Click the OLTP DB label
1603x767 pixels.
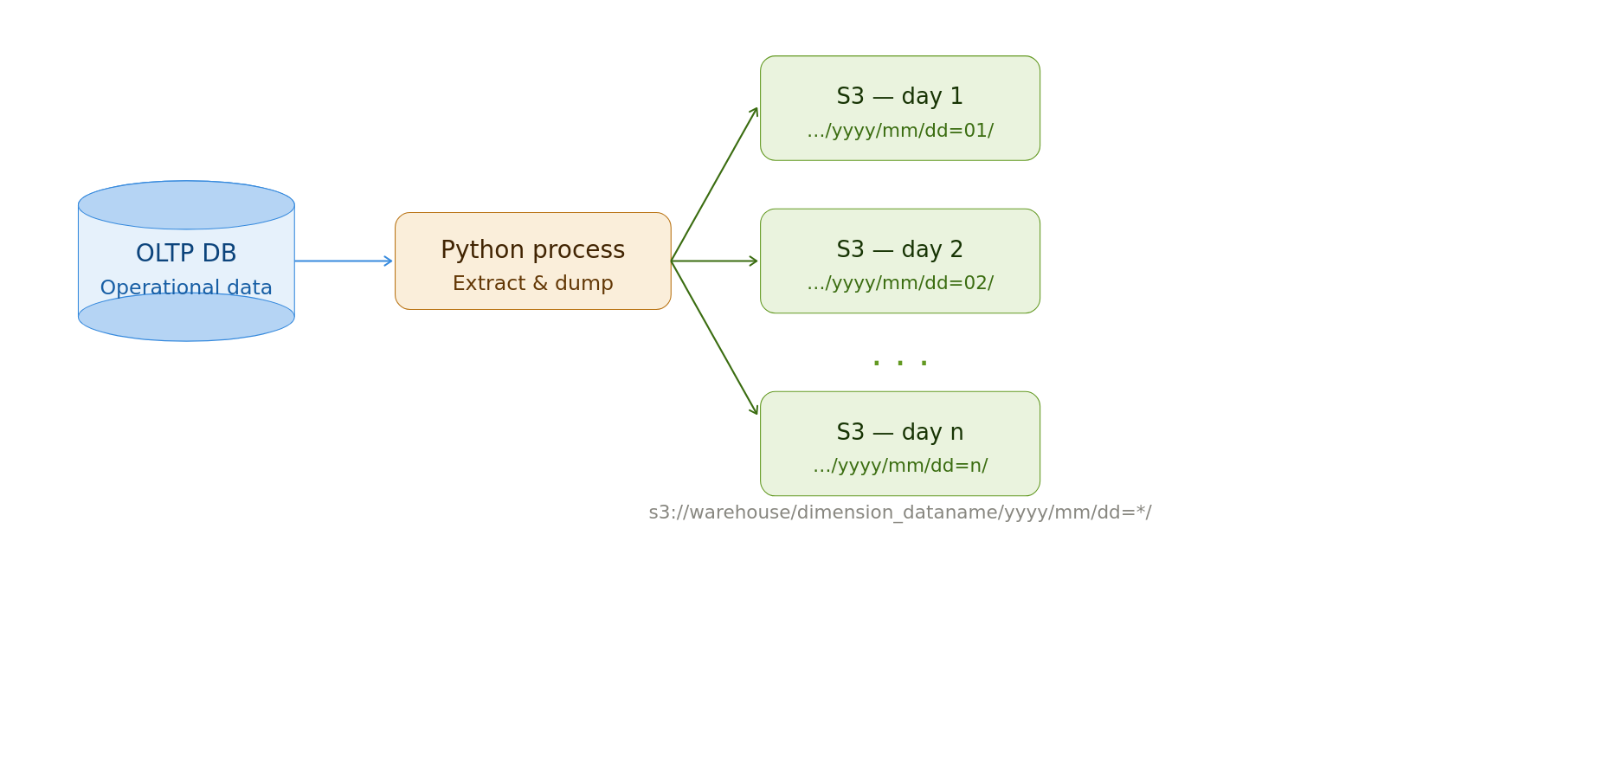(186, 254)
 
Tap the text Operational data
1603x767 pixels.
(186, 287)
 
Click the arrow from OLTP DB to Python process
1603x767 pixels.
(344, 261)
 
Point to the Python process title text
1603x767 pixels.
(532, 250)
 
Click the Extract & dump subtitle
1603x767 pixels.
(532, 284)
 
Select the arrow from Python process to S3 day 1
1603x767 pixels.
(714, 184)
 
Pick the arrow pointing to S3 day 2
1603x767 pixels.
(715, 261)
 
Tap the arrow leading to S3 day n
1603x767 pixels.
(714, 338)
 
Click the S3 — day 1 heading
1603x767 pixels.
(899, 97)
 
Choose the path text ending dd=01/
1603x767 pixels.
(899, 131)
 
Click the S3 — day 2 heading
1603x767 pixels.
(899, 250)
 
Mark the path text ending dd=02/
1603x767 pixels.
(899, 283)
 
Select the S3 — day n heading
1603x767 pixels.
(899, 433)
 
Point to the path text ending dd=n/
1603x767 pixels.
(899, 466)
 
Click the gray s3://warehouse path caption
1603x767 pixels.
(899, 512)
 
